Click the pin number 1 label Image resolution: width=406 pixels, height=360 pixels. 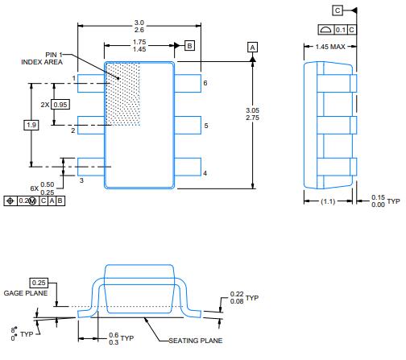(x=73, y=78)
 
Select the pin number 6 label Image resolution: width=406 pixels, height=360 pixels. (x=205, y=83)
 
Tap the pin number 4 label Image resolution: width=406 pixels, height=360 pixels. (x=205, y=173)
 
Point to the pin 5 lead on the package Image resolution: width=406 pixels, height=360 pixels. (x=187, y=126)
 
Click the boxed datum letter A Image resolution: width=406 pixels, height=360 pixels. (x=252, y=48)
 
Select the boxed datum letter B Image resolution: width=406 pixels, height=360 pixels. (x=189, y=45)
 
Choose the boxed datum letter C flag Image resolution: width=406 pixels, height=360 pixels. (x=337, y=10)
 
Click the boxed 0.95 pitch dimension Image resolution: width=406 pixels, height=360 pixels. (x=61, y=105)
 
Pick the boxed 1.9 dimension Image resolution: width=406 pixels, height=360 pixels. (x=31, y=125)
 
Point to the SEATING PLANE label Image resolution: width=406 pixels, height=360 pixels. (x=195, y=341)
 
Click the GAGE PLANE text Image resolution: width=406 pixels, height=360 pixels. (x=27, y=294)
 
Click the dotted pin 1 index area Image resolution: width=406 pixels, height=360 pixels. (x=123, y=93)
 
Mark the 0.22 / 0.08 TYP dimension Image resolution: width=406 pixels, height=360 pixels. (x=239, y=300)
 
